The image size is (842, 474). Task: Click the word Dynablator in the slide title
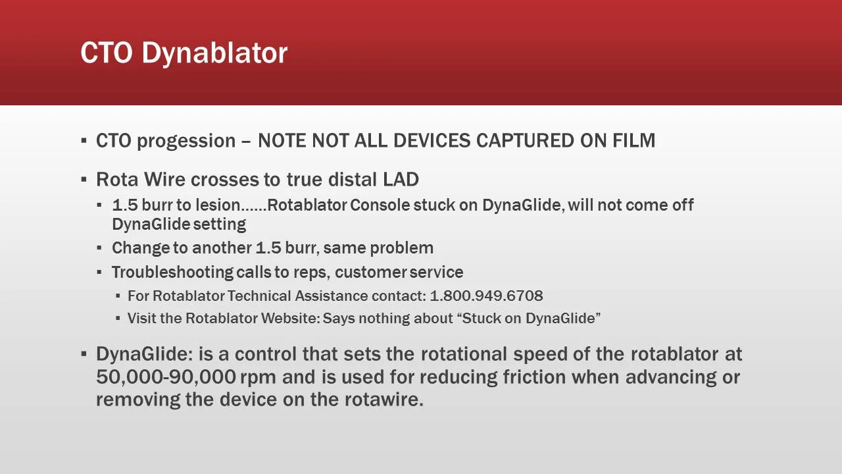coord(214,53)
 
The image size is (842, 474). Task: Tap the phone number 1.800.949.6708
coord(486,296)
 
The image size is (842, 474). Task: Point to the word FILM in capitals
coord(633,141)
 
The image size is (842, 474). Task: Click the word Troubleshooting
coord(172,272)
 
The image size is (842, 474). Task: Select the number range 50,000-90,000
coord(166,377)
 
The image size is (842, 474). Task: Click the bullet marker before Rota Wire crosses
coord(84,180)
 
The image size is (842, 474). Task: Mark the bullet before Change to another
coord(99,248)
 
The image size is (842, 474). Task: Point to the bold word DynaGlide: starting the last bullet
coord(144,354)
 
